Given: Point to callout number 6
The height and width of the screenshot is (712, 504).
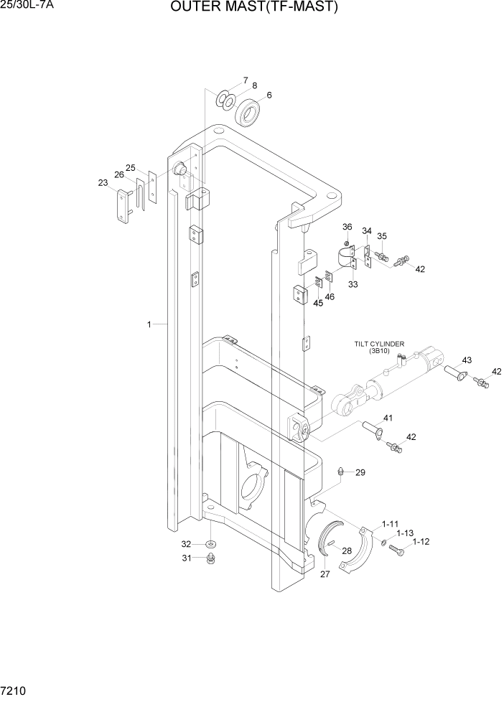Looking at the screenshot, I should coord(269,95).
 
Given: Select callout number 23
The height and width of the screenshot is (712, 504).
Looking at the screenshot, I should coord(103,183).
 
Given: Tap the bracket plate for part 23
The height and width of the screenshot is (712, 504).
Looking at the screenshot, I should coord(125,204).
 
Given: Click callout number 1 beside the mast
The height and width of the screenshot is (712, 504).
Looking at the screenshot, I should coord(149,324).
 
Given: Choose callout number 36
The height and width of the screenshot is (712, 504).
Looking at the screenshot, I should coord(347,227).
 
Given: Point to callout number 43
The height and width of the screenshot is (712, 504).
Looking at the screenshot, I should coord(467,360).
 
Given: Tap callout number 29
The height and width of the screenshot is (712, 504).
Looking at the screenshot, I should coord(360,472).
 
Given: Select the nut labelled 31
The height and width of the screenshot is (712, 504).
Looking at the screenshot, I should coord(210,558).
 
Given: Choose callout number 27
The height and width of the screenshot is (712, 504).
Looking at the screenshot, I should coord(325,574).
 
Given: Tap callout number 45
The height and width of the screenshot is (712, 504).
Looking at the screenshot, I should coord(317,303).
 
